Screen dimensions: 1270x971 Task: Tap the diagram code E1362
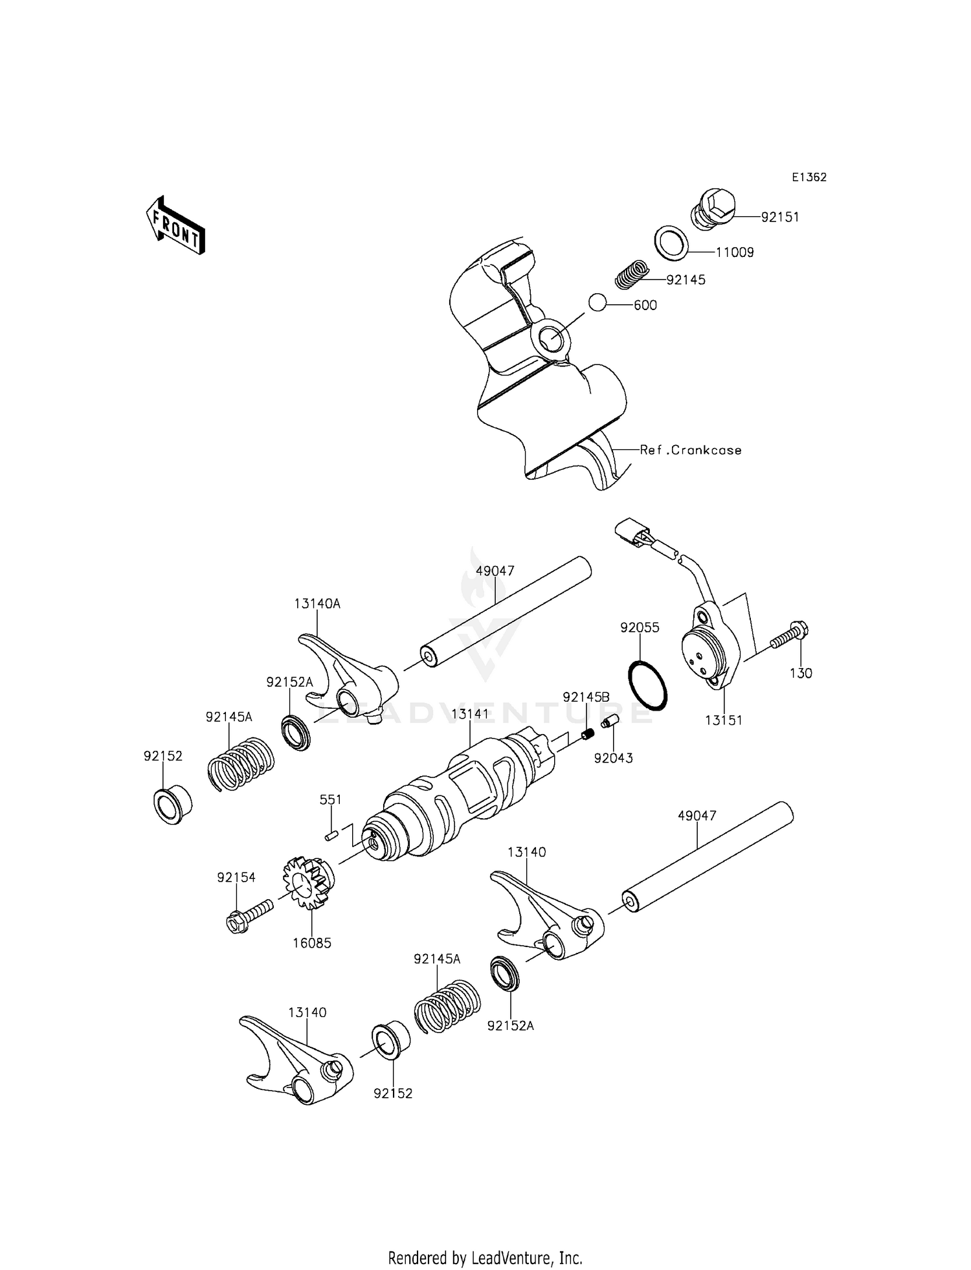tap(809, 177)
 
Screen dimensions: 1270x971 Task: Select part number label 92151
tap(780, 217)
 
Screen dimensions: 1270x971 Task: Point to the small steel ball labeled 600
tap(597, 302)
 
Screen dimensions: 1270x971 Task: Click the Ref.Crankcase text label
tap(691, 450)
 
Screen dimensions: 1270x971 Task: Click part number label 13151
tap(724, 720)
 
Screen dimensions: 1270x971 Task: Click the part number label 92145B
tap(586, 697)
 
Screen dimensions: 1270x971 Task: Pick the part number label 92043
tap(614, 758)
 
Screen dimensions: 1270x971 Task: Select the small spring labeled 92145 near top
tap(631, 274)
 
